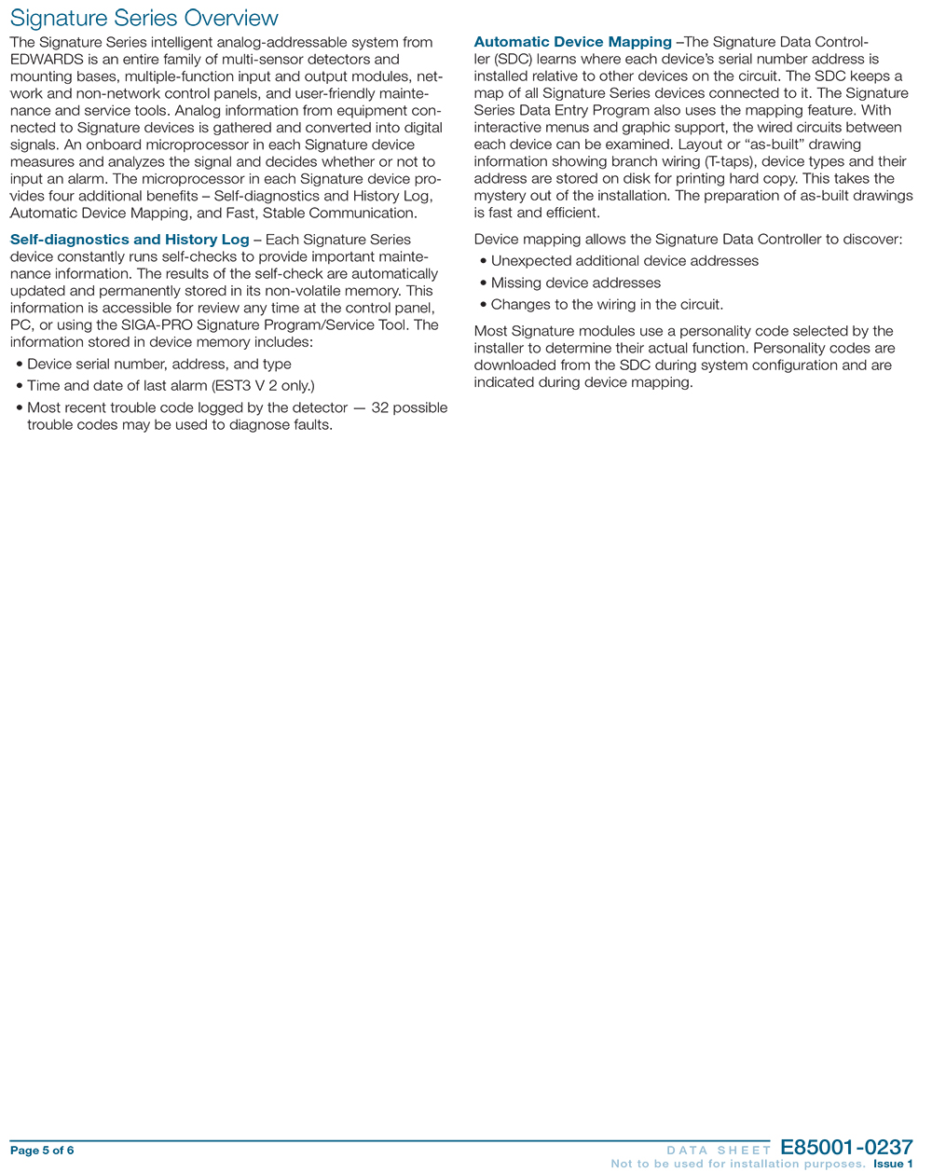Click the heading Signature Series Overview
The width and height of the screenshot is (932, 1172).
pos(144,18)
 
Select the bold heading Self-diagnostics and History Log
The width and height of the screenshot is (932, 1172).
pos(130,240)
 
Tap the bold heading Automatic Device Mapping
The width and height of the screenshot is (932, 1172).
pos(572,42)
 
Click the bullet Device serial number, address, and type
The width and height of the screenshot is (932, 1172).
pos(158,364)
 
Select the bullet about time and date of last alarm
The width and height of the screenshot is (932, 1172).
pos(170,385)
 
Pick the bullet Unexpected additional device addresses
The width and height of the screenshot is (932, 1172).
pos(624,261)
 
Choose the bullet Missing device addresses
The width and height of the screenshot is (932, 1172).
pos(575,283)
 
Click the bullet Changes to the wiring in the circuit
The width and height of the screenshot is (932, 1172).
pos(607,304)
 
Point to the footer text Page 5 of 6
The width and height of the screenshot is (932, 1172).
pos(42,1150)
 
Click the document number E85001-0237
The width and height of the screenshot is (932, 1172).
pos(846,1148)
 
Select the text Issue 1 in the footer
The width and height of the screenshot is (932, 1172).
pos(893,1164)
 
